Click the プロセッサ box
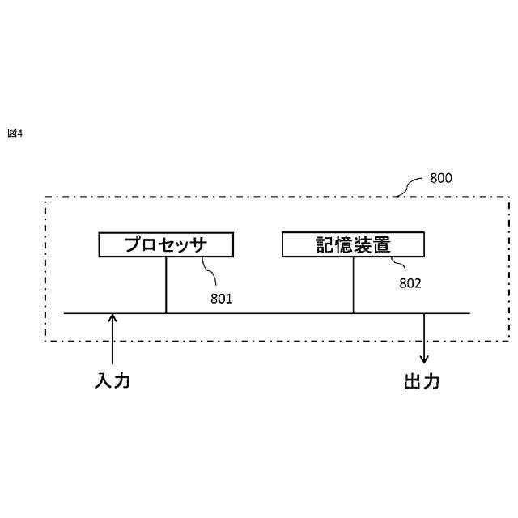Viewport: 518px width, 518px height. tap(166, 244)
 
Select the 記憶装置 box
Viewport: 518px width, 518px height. tap(353, 244)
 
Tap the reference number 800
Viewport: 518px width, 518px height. tap(440, 178)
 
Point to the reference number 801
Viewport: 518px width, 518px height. tap(221, 299)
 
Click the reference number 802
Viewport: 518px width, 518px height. tap(410, 283)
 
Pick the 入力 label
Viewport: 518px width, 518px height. tap(112, 381)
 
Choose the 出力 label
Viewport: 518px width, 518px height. tap(422, 381)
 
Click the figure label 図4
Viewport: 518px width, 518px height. tap(15, 133)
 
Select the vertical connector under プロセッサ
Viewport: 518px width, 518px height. tap(166, 285)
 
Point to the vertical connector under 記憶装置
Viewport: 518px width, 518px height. tap(353, 285)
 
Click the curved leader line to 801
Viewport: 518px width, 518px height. tap(211, 273)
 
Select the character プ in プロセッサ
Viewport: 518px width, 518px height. tap(134, 244)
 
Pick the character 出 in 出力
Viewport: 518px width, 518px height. tap(413, 381)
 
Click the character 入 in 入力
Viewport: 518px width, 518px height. tap(103, 381)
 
